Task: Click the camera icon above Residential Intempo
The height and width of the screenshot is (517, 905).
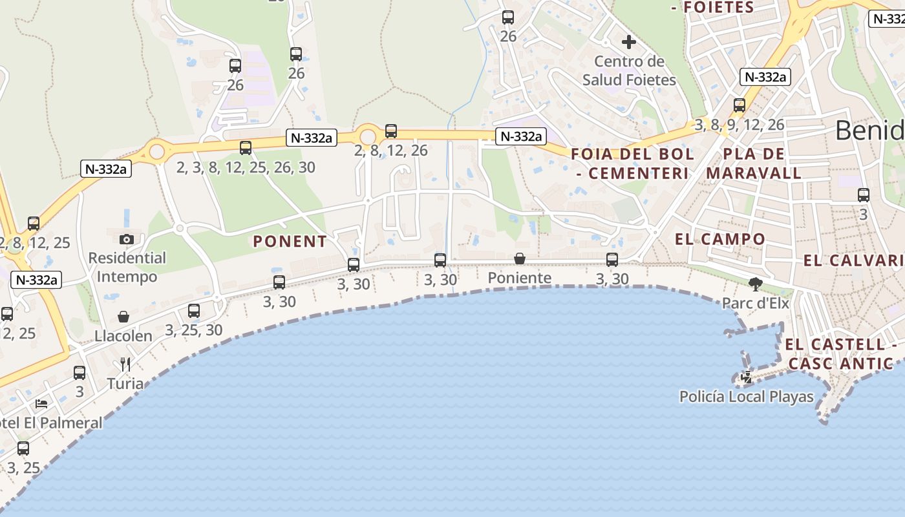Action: [x=127, y=240]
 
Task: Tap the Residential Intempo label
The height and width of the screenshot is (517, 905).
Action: [x=127, y=267]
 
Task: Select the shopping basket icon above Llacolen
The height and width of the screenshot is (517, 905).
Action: [x=123, y=317]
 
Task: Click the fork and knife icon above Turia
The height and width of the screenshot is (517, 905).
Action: [x=125, y=364]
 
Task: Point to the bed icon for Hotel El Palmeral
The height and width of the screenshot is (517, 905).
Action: [x=41, y=405]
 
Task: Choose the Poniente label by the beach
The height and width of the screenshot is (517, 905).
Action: [x=520, y=278]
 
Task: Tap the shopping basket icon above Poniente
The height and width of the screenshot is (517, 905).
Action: [x=520, y=259]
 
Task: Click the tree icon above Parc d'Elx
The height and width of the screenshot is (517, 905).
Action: [x=755, y=284]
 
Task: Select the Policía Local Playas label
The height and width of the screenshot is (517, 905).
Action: [x=747, y=396]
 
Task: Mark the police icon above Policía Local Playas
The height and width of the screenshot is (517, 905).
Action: [x=747, y=377]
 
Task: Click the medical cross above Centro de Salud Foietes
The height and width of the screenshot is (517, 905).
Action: [x=628, y=43]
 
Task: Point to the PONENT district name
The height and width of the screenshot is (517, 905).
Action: [x=290, y=242]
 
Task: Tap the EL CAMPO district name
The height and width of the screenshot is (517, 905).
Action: [x=719, y=239]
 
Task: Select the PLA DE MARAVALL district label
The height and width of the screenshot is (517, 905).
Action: [x=754, y=164]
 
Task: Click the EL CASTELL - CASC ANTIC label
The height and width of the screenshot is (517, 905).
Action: [x=840, y=353]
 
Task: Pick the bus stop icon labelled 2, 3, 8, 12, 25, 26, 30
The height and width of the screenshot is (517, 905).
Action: [x=246, y=148]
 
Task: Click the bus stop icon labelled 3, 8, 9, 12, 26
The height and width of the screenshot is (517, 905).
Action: [x=740, y=105]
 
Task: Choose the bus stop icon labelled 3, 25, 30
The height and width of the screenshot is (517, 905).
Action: [x=194, y=311]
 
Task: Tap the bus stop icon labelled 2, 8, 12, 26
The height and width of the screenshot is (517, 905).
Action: [x=391, y=131]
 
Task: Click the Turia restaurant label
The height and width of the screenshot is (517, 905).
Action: [x=125, y=383]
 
